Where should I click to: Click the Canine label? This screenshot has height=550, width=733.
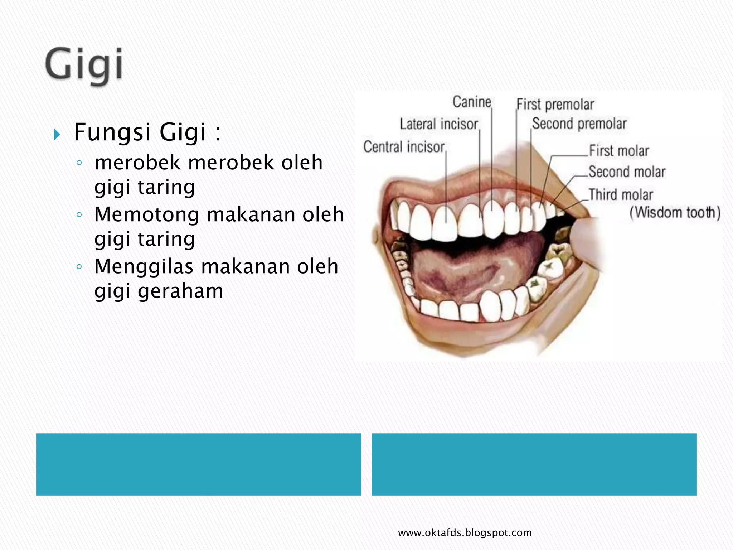[x=472, y=102]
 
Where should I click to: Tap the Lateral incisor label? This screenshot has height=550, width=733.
[x=439, y=124]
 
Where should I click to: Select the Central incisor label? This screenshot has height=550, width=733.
[x=404, y=147]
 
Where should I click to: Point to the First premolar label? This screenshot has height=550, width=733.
[x=555, y=105]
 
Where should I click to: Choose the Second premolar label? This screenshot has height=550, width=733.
[x=579, y=124]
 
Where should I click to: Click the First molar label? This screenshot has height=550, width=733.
[x=619, y=151]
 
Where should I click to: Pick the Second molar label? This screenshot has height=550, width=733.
[x=627, y=172]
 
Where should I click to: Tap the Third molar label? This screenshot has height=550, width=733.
[x=621, y=195]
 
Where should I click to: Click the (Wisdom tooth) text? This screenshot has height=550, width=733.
[x=675, y=213]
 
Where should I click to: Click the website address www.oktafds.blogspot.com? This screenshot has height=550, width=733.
[x=465, y=533]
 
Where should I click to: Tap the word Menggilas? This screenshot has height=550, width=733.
[x=144, y=267]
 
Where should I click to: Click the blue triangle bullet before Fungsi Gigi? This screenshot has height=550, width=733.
[x=57, y=135]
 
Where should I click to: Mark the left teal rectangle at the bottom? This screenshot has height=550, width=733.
[x=198, y=464]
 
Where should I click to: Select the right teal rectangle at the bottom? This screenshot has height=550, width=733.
[x=534, y=464]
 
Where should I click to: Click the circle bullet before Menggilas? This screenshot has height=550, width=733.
[x=79, y=266]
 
